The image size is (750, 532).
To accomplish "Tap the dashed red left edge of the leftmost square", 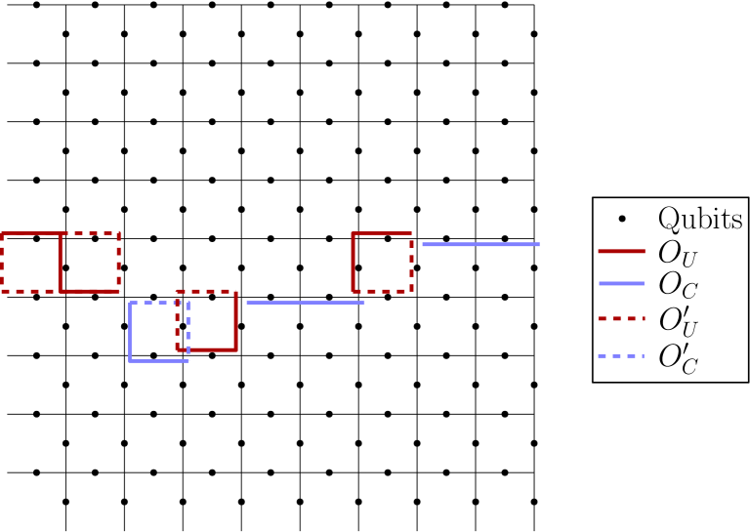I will [2, 262].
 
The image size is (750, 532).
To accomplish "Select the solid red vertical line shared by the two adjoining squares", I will [61, 262].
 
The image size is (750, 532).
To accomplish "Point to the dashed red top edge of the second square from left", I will [90, 233].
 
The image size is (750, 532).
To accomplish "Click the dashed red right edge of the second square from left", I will [119, 262].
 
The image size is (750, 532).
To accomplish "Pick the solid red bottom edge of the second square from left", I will [90, 291].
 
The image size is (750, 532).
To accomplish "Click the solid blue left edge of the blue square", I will [130, 332].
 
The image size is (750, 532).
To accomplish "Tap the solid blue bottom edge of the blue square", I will [158, 361].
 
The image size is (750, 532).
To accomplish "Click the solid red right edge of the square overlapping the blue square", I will [235, 320].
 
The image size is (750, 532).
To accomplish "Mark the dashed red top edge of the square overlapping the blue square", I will [207, 291].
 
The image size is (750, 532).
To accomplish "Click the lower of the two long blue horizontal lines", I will [305, 303].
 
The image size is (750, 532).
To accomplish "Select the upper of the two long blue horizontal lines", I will [480, 244].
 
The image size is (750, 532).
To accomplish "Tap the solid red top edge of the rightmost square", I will [381, 233].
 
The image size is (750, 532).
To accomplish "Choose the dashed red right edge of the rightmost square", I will [411, 262].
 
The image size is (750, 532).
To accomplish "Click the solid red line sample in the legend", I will [621, 251].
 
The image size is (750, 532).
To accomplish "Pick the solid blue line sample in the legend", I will [621, 283].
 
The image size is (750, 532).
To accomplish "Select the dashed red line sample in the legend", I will [621, 318].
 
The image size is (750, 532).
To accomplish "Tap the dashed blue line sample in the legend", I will [621, 356].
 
